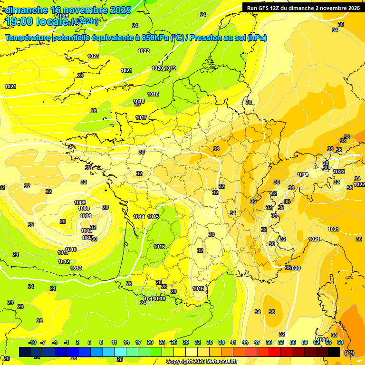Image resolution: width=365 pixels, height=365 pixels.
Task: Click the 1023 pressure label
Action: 93,56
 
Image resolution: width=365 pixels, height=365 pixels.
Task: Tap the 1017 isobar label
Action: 141,117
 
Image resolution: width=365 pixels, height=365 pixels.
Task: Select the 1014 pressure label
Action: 139,217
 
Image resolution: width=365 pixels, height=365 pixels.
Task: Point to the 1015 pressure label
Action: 153,217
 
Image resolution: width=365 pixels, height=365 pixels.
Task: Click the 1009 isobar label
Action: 80,203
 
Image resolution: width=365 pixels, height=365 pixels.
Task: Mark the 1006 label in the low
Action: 86,216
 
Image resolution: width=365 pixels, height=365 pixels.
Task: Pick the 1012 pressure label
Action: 64,261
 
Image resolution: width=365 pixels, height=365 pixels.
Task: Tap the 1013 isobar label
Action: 76,268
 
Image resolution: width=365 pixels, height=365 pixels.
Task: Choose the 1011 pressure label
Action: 63,252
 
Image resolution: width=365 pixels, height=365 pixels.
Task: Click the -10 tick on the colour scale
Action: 32,342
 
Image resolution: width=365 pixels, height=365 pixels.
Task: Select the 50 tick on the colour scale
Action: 269,342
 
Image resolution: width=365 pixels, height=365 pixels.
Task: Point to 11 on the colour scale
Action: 114,342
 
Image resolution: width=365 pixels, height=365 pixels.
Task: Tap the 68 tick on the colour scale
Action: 340,342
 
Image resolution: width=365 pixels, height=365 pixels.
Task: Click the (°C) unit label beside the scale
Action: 349,353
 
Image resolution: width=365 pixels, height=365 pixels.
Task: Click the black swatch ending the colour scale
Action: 334,352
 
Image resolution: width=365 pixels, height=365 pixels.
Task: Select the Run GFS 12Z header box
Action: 303,8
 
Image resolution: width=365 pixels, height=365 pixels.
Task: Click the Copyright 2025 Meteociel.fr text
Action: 202,361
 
